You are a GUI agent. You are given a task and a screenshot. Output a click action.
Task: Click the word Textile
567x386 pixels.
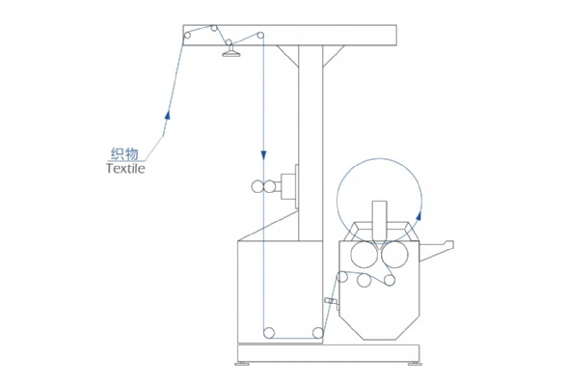pyautogui.click(x=125, y=169)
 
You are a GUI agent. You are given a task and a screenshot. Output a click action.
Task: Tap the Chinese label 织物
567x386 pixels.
pyautogui.click(x=124, y=154)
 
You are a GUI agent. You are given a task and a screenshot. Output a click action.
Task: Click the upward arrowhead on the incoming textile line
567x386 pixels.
pyautogui.click(x=167, y=114)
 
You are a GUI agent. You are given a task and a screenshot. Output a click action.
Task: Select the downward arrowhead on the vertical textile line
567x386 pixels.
pyautogui.click(x=263, y=154)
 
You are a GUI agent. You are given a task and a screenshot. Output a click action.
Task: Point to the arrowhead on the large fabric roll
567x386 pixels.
pyautogui.click(x=419, y=215)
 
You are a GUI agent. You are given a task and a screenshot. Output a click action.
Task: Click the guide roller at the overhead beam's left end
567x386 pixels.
pyautogui.click(x=187, y=35)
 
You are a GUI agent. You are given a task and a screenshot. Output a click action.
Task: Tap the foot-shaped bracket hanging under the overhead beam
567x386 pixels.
pyautogui.click(x=231, y=53)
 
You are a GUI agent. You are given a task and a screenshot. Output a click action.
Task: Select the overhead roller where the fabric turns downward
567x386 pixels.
pyautogui.click(x=260, y=35)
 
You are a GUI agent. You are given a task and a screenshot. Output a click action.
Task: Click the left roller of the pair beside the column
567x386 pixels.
pyautogui.click(x=257, y=186)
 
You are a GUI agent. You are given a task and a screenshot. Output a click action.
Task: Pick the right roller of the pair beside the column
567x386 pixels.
pyautogui.click(x=269, y=186)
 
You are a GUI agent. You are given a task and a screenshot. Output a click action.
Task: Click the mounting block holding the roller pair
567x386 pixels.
pyautogui.click(x=289, y=186)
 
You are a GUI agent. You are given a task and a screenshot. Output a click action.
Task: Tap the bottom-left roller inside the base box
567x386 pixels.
pyautogui.click(x=269, y=333)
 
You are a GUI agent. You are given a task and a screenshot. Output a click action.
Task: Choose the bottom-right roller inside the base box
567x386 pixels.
pyautogui.click(x=318, y=333)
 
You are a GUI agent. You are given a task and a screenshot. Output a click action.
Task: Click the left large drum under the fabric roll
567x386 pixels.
pyautogui.click(x=364, y=255)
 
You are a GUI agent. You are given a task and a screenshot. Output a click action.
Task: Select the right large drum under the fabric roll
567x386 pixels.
pyautogui.click(x=394, y=255)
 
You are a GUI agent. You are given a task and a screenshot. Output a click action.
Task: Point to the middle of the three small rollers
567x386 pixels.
pyautogui.click(x=364, y=281)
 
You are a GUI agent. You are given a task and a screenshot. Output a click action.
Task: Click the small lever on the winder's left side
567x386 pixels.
pyautogui.click(x=332, y=302)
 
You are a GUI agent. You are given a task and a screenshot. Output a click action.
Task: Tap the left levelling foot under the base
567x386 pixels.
pyautogui.click(x=241, y=364)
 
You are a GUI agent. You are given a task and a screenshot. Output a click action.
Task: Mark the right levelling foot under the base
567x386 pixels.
pyautogui.click(x=415, y=364)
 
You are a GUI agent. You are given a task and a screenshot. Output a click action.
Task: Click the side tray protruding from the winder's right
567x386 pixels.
pyautogui.click(x=436, y=250)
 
